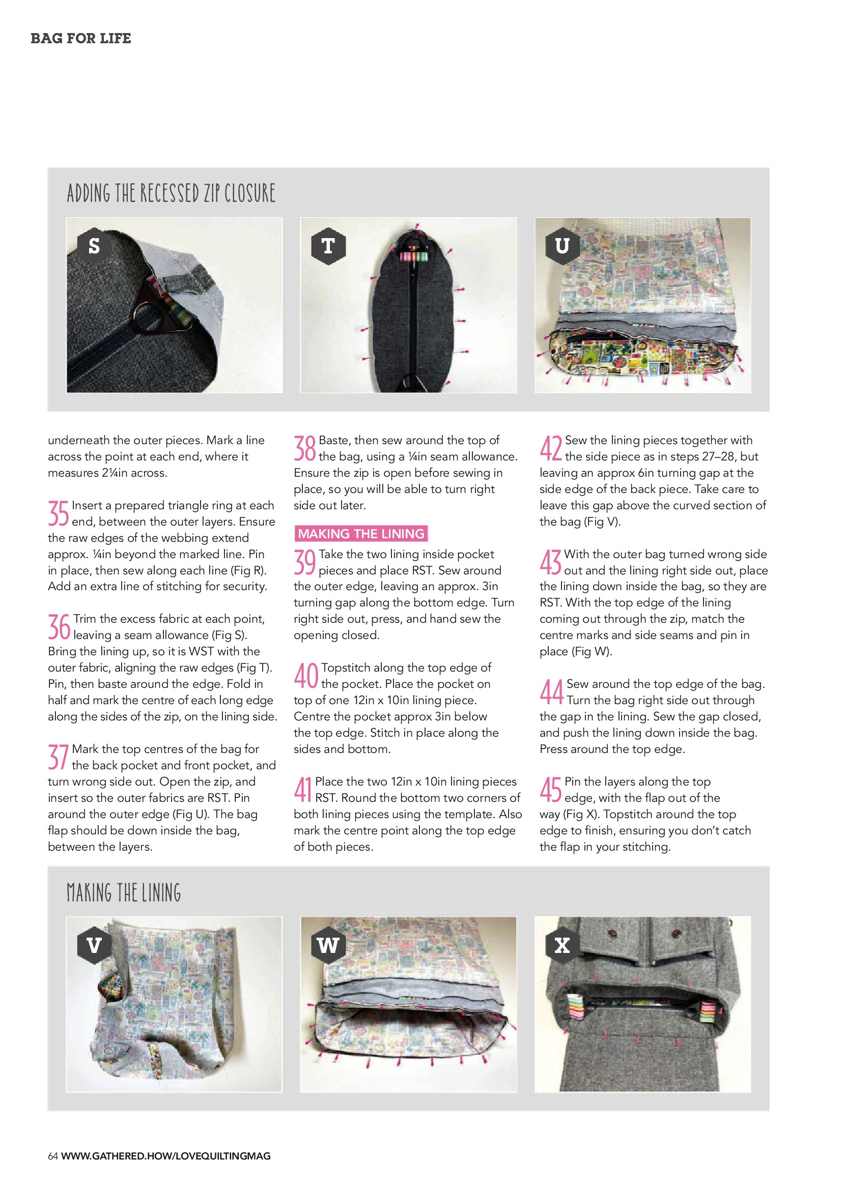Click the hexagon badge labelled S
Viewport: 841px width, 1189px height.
[94, 245]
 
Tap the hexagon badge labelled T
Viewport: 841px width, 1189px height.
[328, 245]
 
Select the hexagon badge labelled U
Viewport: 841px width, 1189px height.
[562, 245]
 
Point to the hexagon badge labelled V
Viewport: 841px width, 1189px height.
[94, 946]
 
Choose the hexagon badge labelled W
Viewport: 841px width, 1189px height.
[328, 946]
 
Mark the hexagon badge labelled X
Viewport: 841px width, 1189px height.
[562, 946]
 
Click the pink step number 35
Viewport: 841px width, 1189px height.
[59, 513]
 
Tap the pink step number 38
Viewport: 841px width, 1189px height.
[305, 448]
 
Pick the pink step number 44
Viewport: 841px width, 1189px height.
[551, 692]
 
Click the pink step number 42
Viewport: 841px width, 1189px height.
[551, 448]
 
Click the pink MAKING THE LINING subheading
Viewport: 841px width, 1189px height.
[361, 534]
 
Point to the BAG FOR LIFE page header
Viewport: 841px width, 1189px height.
[81, 38]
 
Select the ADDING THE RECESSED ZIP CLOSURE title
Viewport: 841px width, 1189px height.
[171, 193]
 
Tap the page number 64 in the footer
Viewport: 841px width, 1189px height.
[53, 1156]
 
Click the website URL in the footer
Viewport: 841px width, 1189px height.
[166, 1156]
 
